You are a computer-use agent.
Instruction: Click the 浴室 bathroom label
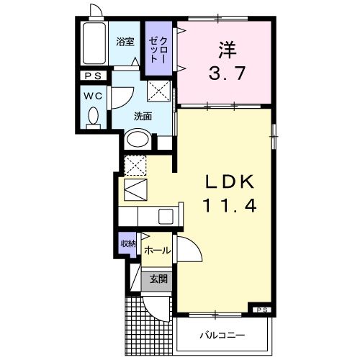tap(125, 42)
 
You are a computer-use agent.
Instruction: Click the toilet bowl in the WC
tap(92, 117)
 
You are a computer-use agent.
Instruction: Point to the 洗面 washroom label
tap(141, 115)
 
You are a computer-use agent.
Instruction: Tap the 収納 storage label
tap(127, 244)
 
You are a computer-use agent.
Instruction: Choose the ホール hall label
tap(157, 251)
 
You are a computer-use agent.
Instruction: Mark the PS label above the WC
tap(93, 76)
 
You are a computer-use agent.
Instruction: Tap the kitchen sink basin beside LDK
tap(164, 215)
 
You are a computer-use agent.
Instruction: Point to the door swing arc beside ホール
tap(188, 250)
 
